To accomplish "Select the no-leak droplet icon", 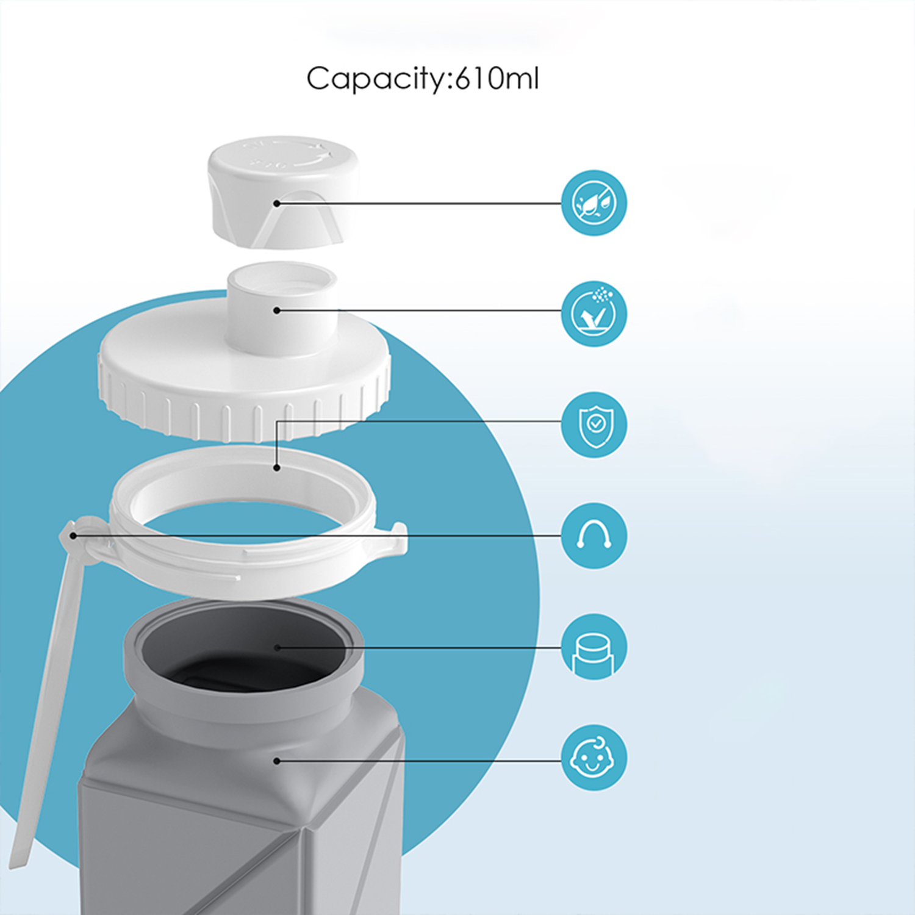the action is point(594,203).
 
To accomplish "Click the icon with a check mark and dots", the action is point(594,314).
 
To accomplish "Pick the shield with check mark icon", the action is point(594,425).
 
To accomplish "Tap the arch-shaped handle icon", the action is point(594,536).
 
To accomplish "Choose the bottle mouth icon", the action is point(594,647).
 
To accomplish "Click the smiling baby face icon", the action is point(594,758).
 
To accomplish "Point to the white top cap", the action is point(282,192).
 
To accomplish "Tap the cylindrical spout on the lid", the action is point(282,308).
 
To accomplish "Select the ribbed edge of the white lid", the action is point(244,409).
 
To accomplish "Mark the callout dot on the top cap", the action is point(276,203).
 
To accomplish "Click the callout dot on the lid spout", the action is point(276,310).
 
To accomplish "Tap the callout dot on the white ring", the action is point(276,468).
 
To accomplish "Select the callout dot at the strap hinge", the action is point(73,536).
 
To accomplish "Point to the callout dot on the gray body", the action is point(276,761).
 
